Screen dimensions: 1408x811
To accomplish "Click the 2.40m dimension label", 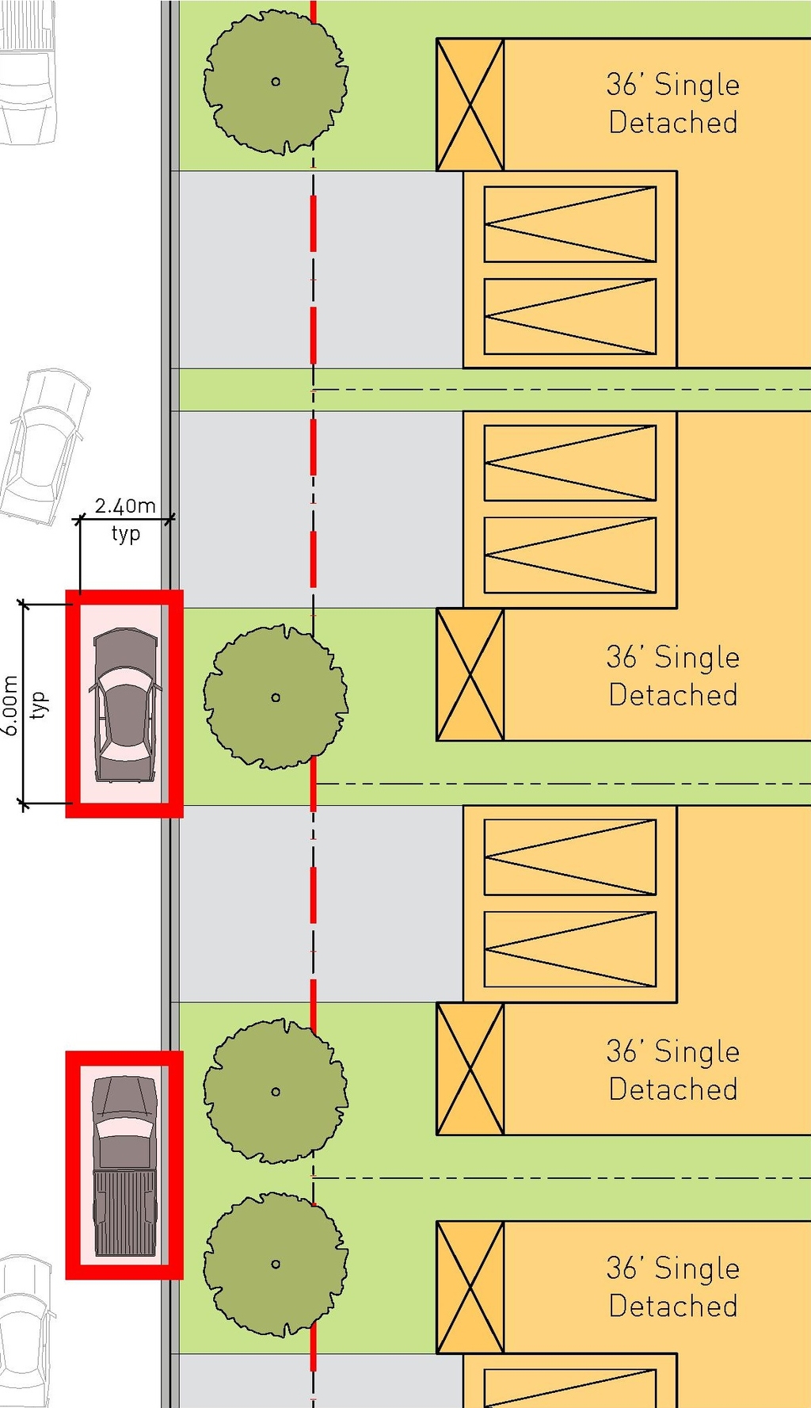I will click(x=125, y=506).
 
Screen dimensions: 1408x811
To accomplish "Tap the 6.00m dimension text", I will click(x=10, y=705).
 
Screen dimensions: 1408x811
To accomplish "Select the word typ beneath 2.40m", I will click(x=126, y=533).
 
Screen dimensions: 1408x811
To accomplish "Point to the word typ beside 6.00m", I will click(x=37, y=705).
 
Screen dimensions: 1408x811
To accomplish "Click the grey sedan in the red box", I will click(x=125, y=704).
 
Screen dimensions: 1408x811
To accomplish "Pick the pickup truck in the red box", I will click(x=125, y=1166).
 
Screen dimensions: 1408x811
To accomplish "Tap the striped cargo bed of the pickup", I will click(x=125, y=1212).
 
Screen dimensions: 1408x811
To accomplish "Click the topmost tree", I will click(x=276, y=82).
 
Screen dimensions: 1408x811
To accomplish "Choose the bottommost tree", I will click(x=276, y=1264).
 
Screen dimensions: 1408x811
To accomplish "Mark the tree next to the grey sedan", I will click(x=276, y=697).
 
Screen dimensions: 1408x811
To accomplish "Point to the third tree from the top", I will click(x=276, y=1091).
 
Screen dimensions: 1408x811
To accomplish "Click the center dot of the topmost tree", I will click(x=276, y=82).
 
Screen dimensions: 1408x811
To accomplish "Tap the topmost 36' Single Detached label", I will click(x=673, y=104).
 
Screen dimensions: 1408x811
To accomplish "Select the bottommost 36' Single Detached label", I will click(x=673, y=1287).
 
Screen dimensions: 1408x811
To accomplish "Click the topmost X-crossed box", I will click(x=470, y=105).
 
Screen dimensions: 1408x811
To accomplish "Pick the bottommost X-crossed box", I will click(x=470, y=1288).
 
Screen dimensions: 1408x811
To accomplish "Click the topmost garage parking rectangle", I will click(x=570, y=224).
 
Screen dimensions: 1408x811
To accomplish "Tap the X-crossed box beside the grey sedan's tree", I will click(x=470, y=675).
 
